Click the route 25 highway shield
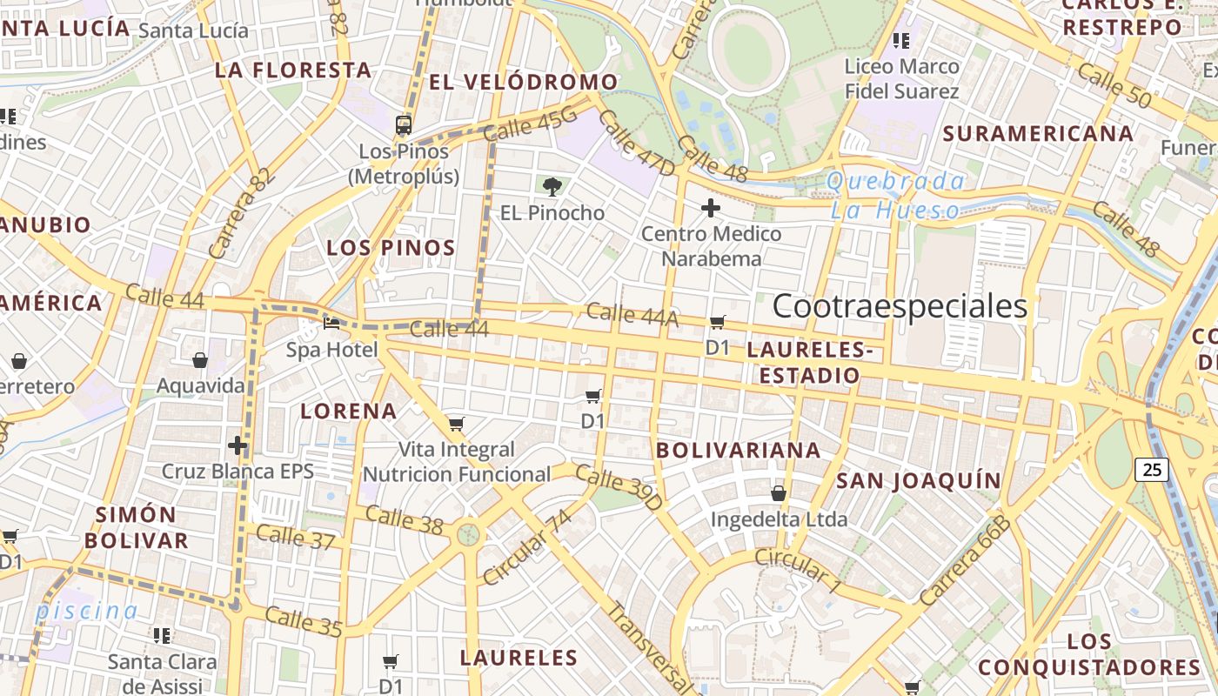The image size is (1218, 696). click(1152, 470)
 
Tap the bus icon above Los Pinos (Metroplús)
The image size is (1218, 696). click(403, 124)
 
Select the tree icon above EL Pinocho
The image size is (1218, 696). click(551, 185)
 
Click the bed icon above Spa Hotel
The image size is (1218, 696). click(331, 324)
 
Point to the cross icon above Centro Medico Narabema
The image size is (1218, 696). click(711, 208)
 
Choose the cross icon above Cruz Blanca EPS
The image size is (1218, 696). click(238, 445)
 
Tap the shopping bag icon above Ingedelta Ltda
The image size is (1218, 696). click(779, 493)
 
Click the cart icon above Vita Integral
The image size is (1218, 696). click(456, 425)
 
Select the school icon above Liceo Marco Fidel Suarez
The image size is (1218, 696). click(901, 40)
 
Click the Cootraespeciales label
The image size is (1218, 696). click(900, 306)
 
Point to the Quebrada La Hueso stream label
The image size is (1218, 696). click(895, 196)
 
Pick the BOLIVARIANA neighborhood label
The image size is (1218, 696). click(739, 450)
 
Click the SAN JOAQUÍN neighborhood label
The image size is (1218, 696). click(919, 480)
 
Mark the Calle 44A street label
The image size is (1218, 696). click(632, 314)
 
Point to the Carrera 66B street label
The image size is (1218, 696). click(967, 561)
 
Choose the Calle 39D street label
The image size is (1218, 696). click(619, 488)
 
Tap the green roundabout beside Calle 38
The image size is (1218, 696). click(469, 532)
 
